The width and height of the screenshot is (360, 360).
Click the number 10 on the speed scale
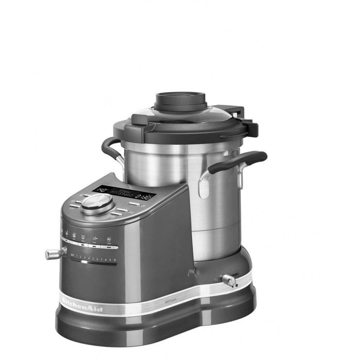114,260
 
